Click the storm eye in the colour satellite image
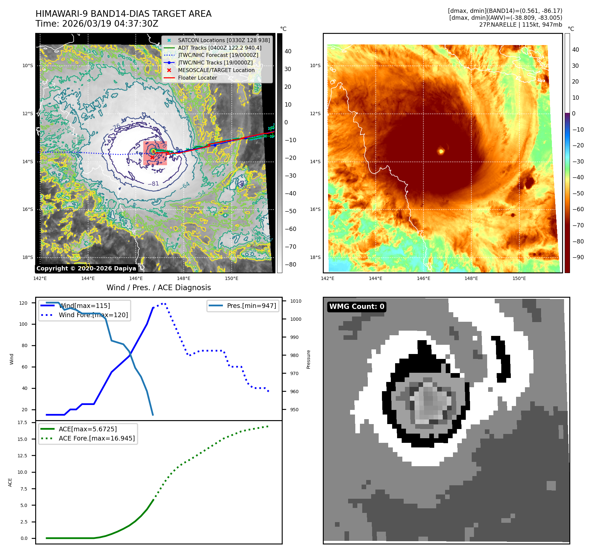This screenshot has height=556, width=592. tap(441, 151)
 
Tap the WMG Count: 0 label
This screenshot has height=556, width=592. tap(357, 307)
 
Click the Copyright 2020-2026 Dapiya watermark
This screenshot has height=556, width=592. tap(86, 268)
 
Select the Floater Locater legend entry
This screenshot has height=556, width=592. tap(197, 78)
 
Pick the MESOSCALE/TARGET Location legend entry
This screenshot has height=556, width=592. tap(216, 70)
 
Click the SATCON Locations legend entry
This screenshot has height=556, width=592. tap(224, 40)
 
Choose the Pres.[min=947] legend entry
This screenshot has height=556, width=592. tap(251, 306)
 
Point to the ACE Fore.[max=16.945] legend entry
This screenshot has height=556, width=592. tap(97, 438)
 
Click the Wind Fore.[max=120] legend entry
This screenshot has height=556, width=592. tap(93, 315)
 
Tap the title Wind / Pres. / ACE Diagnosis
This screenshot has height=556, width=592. tap(159, 288)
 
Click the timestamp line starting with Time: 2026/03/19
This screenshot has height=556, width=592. tap(97, 24)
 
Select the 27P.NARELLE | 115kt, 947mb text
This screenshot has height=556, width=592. tap(520, 25)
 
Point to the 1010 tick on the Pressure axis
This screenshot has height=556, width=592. tap(296, 301)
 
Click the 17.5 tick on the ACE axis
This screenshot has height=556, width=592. tap(22, 422)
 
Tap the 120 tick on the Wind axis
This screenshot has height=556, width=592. tap(23, 303)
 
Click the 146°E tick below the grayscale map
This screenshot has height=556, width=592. tap(136, 278)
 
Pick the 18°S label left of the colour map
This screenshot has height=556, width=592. tap(315, 257)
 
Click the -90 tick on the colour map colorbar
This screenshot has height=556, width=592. tap(578, 257)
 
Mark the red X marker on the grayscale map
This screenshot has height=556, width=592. tap(152, 158)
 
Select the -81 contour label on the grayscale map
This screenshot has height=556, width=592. tap(153, 184)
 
